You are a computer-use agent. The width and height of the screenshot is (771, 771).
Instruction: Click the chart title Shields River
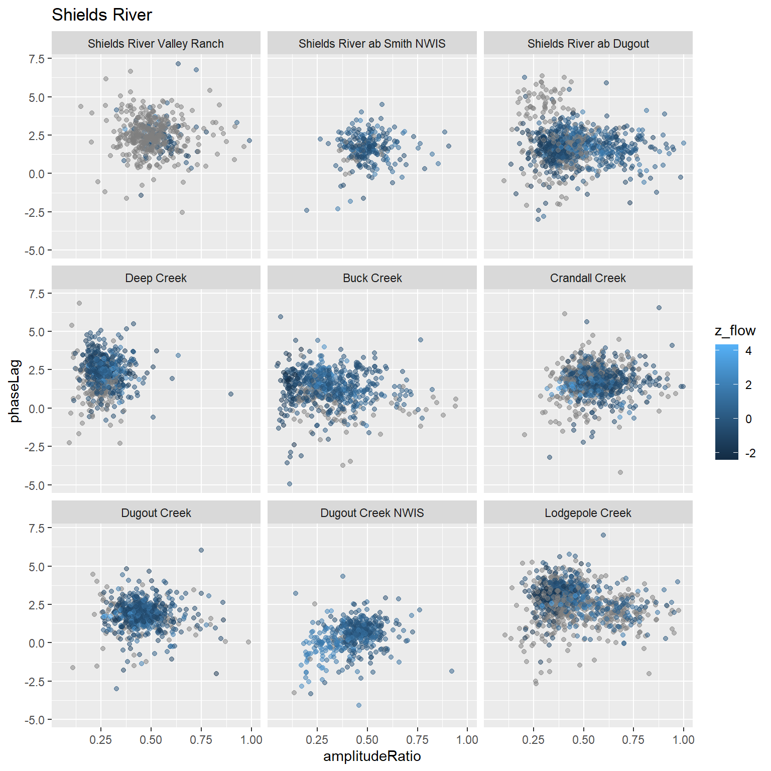pos(101,15)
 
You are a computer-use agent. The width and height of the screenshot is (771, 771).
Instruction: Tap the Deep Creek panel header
pos(156,278)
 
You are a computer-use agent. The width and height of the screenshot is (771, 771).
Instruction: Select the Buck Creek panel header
pos(372,278)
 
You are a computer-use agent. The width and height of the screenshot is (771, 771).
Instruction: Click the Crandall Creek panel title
pos(588,278)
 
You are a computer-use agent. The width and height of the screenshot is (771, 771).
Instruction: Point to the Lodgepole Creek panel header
pos(588,513)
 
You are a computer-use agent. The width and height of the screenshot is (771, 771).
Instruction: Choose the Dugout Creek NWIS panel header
pos(372,513)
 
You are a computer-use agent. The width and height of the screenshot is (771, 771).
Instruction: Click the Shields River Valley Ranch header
pos(156,44)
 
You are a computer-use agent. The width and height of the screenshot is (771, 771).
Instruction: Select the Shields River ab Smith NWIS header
pos(372,44)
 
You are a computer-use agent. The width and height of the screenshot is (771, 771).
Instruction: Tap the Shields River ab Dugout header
pos(588,44)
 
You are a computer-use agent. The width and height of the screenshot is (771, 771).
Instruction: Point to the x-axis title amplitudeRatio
pos(372,756)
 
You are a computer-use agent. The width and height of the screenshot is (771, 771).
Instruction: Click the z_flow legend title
pos(735,330)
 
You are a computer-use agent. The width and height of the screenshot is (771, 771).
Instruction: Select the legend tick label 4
pos(748,351)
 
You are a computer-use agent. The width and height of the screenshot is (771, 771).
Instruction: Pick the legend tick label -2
pos(750,453)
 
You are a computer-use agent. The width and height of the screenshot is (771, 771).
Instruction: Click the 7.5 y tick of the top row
pos(37,59)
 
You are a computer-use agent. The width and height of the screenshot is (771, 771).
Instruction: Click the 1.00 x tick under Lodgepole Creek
pos(683,740)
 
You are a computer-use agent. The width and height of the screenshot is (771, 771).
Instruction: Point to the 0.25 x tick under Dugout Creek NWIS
pos(317,740)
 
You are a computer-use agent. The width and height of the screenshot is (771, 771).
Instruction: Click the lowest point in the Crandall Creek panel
pos(620,472)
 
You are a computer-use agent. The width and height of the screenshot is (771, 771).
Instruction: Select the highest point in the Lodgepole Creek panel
pos(603,535)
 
